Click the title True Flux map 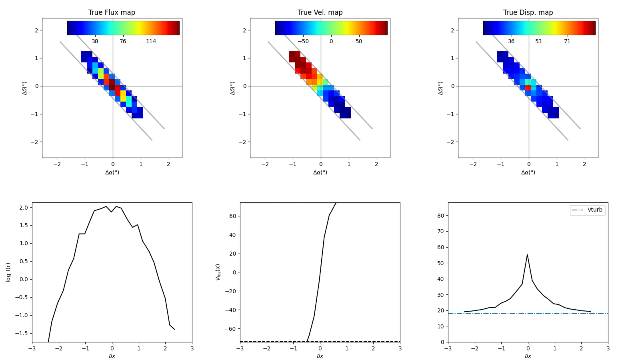pos(112,12)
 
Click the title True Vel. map pos(320,12)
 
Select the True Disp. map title pos(528,12)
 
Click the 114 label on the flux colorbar pos(151,42)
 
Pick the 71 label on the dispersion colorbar pos(567,42)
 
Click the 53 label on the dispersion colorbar pos(538,42)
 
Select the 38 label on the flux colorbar pos(95,42)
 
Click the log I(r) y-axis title pos(8,272)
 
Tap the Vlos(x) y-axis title pos(218,272)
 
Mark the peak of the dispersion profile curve pos(527,255)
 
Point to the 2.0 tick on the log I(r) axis pos(23,208)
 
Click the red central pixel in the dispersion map pos(528,88)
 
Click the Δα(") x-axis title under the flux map pos(112,173)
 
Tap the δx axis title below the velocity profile pos(320,356)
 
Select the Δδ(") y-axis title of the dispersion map pos(441,88)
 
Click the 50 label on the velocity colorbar pos(359,42)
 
